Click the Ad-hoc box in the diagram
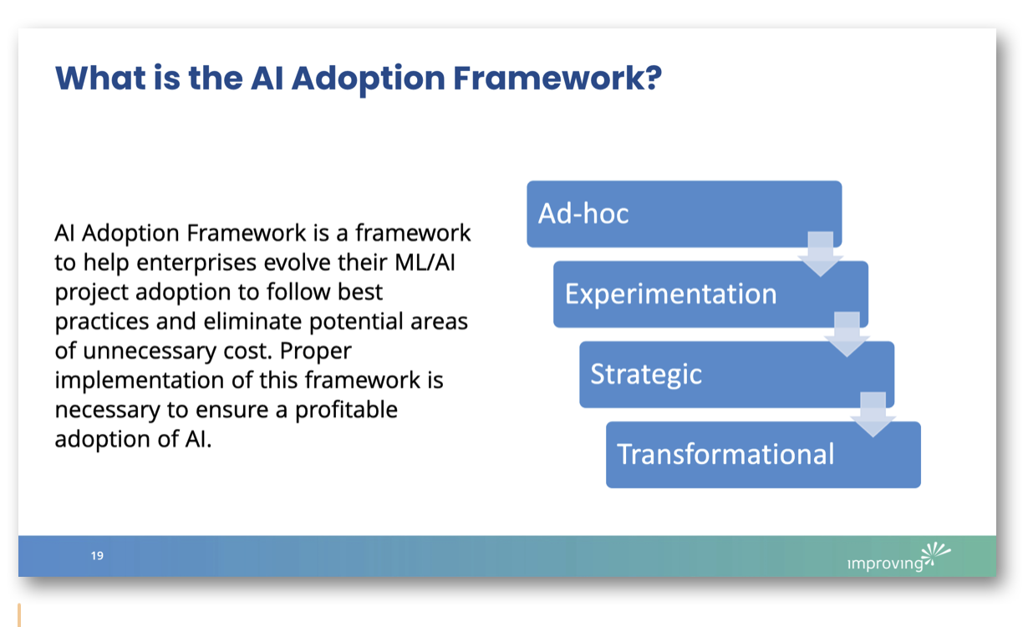coord(684,214)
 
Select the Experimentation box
coord(710,294)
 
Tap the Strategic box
coord(736,374)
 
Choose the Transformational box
coord(763,454)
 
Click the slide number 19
coord(98,556)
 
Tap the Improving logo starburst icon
coord(936,553)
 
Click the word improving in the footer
coord(885,563)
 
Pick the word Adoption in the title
coord(364,78)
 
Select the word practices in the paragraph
coord(101,321)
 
